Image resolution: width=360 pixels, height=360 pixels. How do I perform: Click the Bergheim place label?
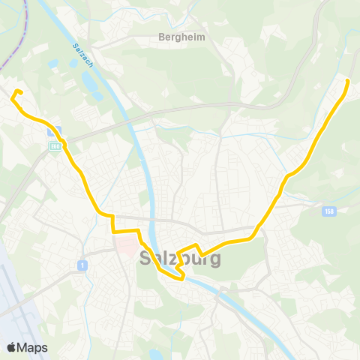[177, 36]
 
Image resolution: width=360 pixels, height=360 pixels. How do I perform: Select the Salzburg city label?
[180, 259]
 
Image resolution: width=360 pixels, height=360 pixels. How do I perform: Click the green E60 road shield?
[55, 145]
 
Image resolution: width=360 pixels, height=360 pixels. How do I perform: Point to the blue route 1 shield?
[80, 265]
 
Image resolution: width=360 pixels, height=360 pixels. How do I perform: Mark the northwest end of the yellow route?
[18, 91]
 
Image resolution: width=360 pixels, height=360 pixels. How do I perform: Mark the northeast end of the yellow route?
[348, 79]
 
